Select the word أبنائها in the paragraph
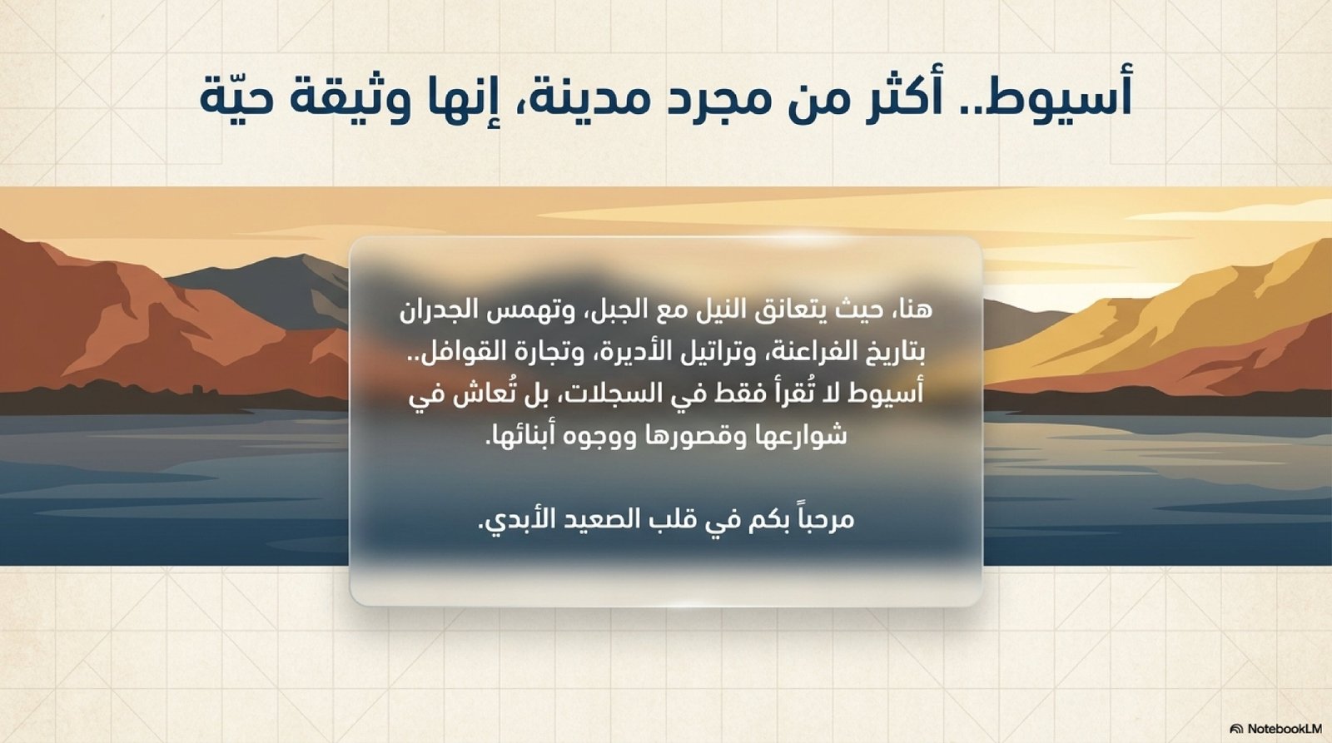click(514, 436)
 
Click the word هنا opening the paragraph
click(915, 311)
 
